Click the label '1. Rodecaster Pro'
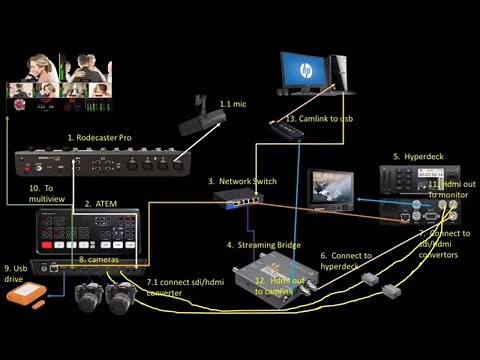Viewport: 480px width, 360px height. point(99,136)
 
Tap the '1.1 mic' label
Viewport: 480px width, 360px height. point(232,104)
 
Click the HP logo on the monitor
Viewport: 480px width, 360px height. point(303,69)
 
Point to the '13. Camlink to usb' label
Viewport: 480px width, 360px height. point(319,119)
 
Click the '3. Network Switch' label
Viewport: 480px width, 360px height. point(242,181)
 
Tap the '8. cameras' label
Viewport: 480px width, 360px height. point(99,260)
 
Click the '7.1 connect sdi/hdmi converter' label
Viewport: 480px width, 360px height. point(185,288)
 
